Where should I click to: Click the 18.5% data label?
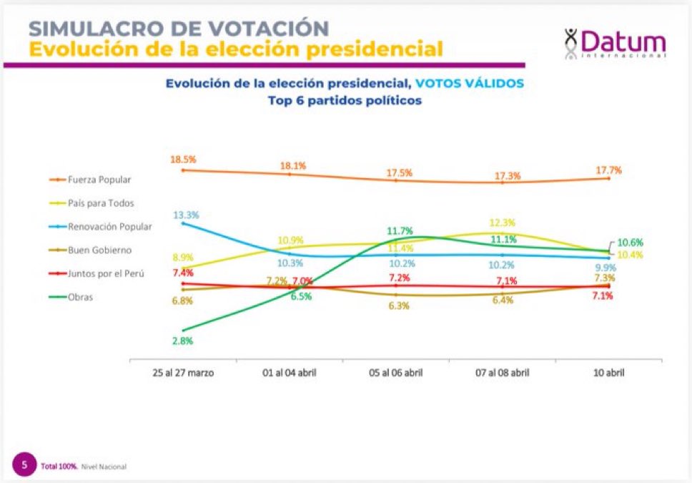point(183,159)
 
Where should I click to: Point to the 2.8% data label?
point(183,341)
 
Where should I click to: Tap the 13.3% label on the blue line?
point(186,215)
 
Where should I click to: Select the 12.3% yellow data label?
point(502,223)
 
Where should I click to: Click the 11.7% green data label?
point(399,230)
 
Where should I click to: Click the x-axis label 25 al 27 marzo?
point(183,373)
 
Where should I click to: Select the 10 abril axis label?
point(608,373)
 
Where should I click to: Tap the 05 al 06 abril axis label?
point(396,373)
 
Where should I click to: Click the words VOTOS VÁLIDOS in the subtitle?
point(470,83)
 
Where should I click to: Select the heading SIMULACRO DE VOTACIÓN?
point(178,28)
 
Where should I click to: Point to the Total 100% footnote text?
point(58,467)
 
